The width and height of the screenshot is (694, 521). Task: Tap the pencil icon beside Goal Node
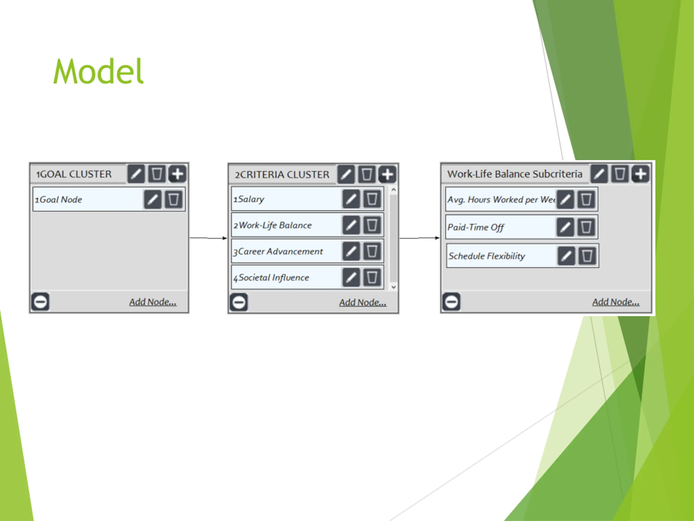[152, 199]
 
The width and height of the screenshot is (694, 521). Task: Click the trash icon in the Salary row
[372, 199]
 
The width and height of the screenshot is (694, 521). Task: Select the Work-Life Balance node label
[275, 225]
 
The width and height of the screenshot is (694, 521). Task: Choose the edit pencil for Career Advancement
[351, 251]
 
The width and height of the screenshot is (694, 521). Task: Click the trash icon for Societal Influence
[372, 277]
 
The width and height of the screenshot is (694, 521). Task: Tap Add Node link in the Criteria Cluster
[362, 303]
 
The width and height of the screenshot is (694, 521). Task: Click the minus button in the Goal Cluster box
[40, 302]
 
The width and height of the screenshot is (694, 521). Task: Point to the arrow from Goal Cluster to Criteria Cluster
[208, 238]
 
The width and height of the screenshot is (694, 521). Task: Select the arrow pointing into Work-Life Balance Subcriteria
[419, 238]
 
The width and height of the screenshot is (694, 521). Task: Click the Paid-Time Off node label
[476, 227]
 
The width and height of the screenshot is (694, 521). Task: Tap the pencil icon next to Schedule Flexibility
[566, 256]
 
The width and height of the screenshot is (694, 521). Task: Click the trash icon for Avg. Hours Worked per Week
[586, 199]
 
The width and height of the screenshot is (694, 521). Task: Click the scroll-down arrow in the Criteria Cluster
[394, 287]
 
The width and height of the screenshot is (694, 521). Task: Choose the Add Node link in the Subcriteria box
[616, 302]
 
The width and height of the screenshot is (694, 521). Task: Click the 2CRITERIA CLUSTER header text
[282, 174]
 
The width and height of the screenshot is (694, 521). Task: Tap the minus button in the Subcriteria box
[451, 302]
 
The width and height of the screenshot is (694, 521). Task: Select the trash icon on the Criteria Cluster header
[367, 174]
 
